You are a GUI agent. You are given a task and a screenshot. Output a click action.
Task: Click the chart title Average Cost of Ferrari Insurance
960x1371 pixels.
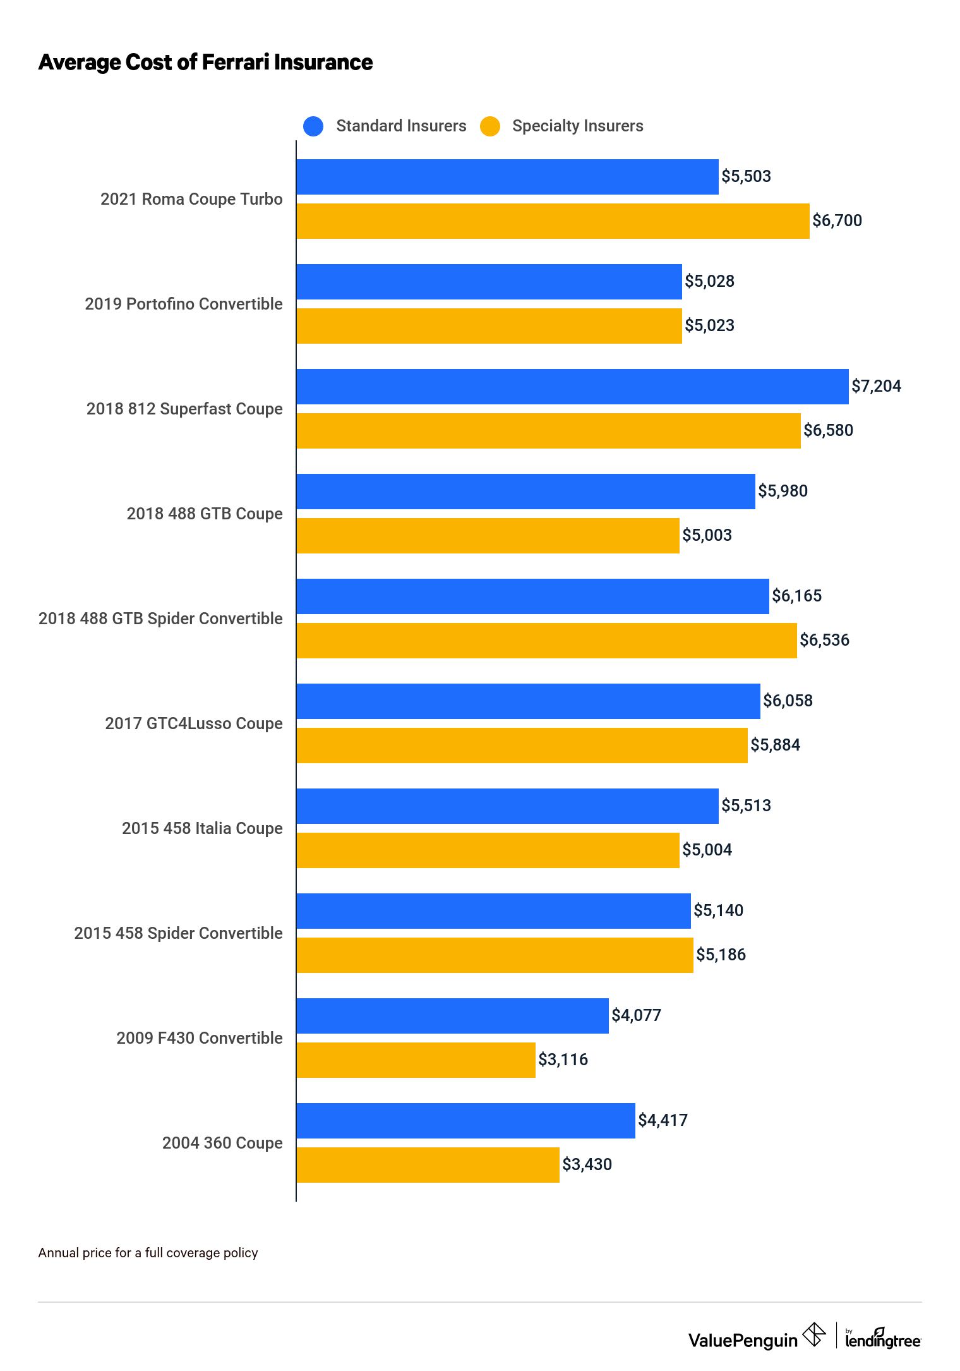pyautogui.click(x=205, y=63)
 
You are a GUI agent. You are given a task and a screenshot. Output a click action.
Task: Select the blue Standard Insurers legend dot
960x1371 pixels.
pyautogui.click(x=313, y=126)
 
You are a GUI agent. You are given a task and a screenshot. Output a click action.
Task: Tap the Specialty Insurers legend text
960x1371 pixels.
pyautogui.click(x=577, y=126)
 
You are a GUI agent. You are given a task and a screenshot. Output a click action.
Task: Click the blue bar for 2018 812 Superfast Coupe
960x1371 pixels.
pyautogui.click(x=572, y=387)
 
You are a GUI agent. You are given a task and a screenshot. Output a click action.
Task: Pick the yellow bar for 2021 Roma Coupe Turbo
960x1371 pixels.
pyautogui.click(x=553, y=221)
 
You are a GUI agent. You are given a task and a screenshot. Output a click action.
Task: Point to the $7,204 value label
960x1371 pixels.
pyautogui.click(x=876, y=386)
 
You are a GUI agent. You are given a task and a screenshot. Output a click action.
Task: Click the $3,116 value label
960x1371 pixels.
pyautogui.click(x=563, y=1060)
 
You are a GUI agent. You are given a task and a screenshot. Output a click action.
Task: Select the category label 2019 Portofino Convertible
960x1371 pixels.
pyautogui.click(x=184, y=304)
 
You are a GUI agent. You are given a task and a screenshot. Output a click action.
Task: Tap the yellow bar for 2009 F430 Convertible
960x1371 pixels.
pyautogui.click(x=416, y=1060)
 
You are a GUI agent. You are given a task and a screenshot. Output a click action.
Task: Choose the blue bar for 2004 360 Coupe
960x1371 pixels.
pyautogui.click(x=465, y=1121)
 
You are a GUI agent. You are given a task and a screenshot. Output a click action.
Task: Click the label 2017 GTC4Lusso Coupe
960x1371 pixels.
pyautogui.click(x=194, y=723)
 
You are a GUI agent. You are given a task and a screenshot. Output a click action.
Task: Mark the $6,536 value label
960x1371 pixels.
pyautogui.click(x=824, y=640)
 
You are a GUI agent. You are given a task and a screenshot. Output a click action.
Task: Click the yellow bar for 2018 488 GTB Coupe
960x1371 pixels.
pyautogui.click(x=488, y=536)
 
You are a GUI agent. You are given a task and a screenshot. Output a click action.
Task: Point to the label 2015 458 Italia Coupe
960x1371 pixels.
pyautogui.click(x=202, y=828)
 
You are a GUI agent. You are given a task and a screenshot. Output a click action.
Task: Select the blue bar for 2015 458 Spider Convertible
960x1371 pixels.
pyautogui.click(x=493, y=911)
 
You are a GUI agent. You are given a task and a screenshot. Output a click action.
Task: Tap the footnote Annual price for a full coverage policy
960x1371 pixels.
pyautogui.click(x=148, y=1253)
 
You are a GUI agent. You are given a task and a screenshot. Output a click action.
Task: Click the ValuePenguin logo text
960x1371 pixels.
pyautogui.click(x=743, y=1341)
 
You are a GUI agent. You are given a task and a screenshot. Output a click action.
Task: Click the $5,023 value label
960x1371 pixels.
pyautogui.click(x=709, y=325)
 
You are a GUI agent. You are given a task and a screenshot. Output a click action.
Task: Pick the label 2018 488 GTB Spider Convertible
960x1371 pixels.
pyautogui.click(x=160, y=619)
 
